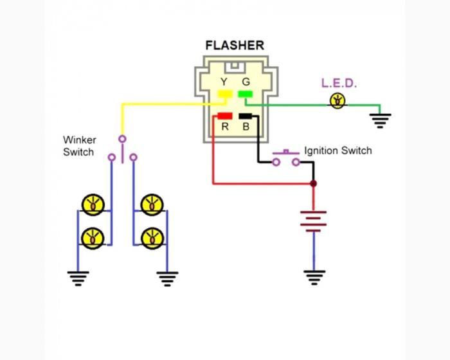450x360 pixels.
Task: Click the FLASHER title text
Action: pyautogui.click(x=235, y=46)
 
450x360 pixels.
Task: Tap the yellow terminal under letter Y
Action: pyautogui.click(x=225, y=95)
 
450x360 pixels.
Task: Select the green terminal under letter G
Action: pyautogui.click(x=245, y=95)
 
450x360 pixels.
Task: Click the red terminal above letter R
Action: pyautogui.click(x=225, y=116)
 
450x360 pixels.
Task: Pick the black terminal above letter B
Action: pyautogui.click(x=246, y=116)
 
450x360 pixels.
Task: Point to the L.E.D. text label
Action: pyautogui.click(x=339, y=84)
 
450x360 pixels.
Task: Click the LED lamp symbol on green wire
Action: pyautogui.click(x=336, y=100)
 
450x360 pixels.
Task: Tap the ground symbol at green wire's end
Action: pyautogui.click(x=381, y=120)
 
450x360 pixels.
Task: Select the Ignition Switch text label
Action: pyautogui.click(x=337, y=151)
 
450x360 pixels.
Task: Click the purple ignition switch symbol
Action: pyautogui.click(x=286, y=158)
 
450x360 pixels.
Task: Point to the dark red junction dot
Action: pyautogui.click(x=314, y=184)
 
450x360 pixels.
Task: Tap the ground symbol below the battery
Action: pyautogui.click(x=314, y=276)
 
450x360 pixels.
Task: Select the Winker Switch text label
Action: pyautogui.click(x=78, y=146)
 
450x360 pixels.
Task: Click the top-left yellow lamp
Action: pyautogui.click(x=93, y=204)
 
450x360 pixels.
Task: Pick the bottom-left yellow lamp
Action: pyautogui.click(x=93, y=237)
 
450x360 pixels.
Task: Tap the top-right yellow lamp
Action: pyautogui.click(x=152, y=204)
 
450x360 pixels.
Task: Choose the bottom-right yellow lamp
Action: pyautogui.click(x=152, y=237)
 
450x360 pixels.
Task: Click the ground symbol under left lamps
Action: pyautogui.click(x=78, y=278)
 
